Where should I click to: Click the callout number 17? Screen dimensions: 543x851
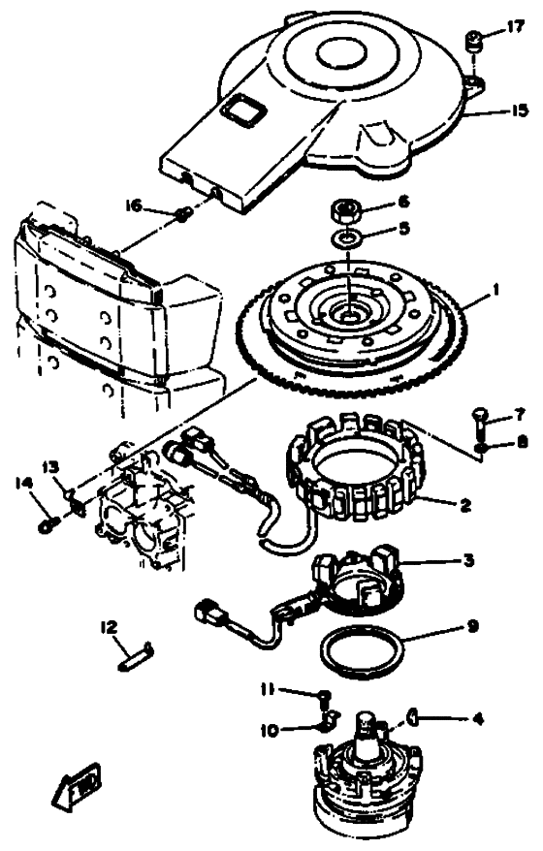(x=517, y=25)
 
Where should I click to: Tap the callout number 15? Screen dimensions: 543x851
(x=519, y=110)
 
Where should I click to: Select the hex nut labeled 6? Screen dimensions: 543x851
(x=345, y=210)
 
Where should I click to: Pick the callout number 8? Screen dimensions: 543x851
(x=522, y=442)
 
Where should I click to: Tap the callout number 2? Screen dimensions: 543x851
(x=464, y=505)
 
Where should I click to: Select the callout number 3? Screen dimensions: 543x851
(x=467, y=559)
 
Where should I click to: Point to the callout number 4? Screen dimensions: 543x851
(x=477, y=719)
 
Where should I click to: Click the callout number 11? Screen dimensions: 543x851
(x=268, y=689)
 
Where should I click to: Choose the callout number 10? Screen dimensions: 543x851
(x=270, y=731)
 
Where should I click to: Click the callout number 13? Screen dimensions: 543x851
(x=52, y=467)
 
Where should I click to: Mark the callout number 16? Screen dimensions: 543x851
(x=134, y=205)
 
